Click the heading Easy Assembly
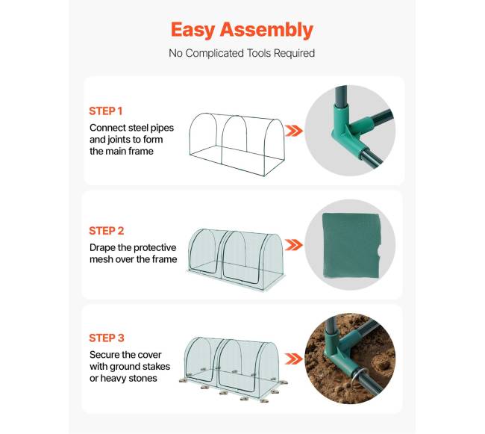[242, 30]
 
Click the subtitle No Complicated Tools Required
[242, 53]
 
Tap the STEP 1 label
[106, 111]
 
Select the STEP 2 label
[107, 231]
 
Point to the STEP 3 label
[107, 338]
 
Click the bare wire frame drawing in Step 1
[237, 145]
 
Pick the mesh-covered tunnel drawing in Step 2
[237, 259]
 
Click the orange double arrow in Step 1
[293, 131]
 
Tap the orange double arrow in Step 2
[293, 245]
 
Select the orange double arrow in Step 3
[293, 359]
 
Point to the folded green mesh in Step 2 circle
[351, 245]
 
